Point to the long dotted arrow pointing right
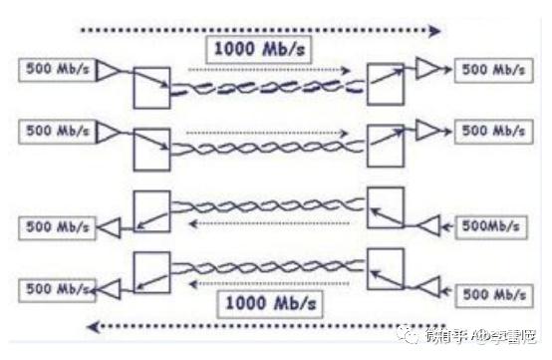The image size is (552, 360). tap(259, 31)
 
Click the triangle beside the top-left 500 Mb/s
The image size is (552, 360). tap(108, 69)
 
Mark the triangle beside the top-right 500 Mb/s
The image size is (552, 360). tap(429, 69)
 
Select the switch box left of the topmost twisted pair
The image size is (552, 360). tap(151, 87)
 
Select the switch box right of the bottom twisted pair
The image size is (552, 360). tap(386, 270)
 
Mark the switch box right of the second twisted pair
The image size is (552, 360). tap(386, 146)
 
